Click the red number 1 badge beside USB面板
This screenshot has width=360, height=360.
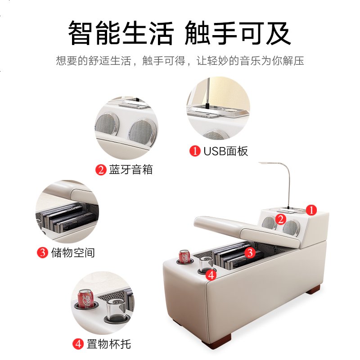195,151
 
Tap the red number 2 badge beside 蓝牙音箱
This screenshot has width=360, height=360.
101,170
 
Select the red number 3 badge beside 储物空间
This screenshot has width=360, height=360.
42,252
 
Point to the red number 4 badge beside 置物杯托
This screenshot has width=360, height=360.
78,344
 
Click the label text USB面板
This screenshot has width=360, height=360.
226,151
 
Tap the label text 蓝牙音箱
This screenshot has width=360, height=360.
131,170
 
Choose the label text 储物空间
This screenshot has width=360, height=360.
73,253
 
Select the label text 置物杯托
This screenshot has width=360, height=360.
108,344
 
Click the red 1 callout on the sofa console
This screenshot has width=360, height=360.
311,210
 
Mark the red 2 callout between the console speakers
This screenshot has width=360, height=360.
280,220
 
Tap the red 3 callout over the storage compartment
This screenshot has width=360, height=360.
250,252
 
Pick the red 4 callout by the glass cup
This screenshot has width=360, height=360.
211,275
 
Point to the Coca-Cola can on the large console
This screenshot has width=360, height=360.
184,256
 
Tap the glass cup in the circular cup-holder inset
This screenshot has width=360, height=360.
116,309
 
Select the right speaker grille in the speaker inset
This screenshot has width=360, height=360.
142,132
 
